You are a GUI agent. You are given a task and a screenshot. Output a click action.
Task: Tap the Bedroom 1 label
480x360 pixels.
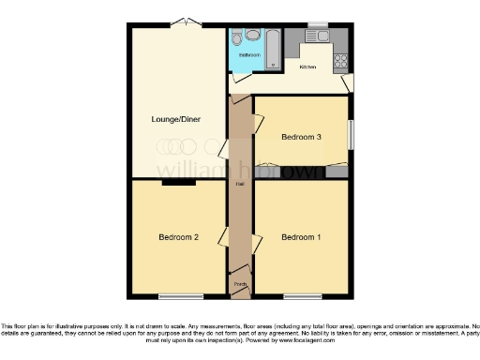(x=301, y=236)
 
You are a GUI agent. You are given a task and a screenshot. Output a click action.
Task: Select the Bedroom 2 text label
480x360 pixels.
(x=177, y=236)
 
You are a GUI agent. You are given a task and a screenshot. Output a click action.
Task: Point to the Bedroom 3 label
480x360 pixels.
(x=302, y=137)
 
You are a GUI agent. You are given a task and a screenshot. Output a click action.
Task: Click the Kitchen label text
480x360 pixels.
(x=307, y=67)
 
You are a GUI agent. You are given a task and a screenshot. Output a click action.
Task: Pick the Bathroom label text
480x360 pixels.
(x=248, y=55)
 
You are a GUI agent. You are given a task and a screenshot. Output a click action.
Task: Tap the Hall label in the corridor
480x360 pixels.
(x=240, y=184)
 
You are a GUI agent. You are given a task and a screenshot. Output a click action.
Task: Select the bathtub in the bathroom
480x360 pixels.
(x=273, y=49)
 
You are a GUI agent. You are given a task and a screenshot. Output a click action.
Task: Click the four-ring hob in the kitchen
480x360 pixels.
(x=339, y=62)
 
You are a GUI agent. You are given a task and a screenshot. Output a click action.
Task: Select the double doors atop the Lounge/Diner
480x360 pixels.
(x=191, y=22)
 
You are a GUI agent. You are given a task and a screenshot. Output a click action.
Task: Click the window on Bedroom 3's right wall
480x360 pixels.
(x=352, y=133)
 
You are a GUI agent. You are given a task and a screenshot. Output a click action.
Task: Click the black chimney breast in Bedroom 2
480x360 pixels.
(x=172, y=183)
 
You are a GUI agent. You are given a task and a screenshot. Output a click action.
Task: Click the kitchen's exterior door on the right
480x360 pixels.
(x=348, y=83)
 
